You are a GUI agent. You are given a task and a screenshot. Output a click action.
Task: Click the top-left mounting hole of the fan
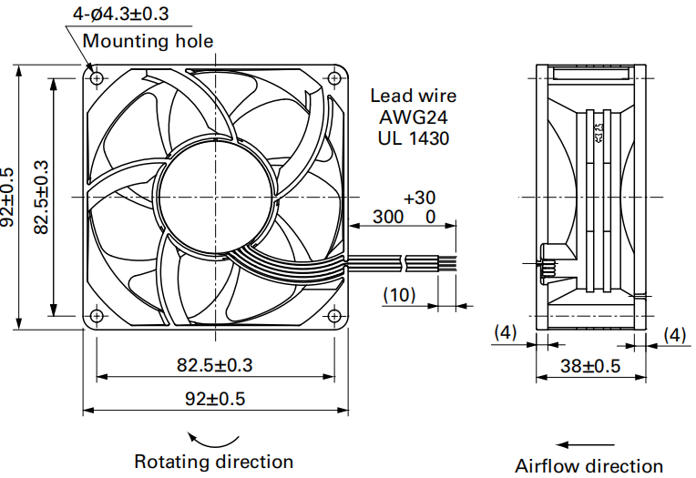pyautogui.click(x=97, y=78)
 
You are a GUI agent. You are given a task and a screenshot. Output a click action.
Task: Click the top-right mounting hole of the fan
pyautogui.click(x=334, y=78)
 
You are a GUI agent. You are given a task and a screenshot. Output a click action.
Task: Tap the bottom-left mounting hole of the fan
pyautogui.click(x=97, y=316)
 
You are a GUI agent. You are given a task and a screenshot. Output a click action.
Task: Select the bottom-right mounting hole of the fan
pyautogui.click(x=334, y=316)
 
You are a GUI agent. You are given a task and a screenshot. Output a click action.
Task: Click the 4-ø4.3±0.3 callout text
pyautogui.click(x=121, y=14)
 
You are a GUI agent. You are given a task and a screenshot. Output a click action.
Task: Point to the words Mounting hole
pyautogui.click(x=148, y=41)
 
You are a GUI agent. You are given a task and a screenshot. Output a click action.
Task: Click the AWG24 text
pyautogui.click(x=413, y=117)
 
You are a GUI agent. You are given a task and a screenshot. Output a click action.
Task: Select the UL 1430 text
pyautogui.click(x=413, y=138)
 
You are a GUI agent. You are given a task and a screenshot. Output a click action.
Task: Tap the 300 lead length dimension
pyautogui.click(x=388, y=217)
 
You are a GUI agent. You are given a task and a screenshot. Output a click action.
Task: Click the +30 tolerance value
pyautogui.click(x=419, y=198)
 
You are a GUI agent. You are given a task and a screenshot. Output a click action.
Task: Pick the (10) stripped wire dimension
pyautogui.click(x=399, y=295)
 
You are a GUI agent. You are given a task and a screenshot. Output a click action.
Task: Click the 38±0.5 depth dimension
pyautogui.click(x=590, y=366)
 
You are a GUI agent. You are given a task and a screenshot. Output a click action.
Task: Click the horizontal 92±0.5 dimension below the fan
pyautogui.click(x=215, y=399)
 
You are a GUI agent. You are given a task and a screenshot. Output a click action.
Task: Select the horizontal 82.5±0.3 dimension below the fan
pyautogui.click(x=215, y=365)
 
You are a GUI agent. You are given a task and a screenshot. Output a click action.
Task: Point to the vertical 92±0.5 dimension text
pyautogui.click(x=7, y=197)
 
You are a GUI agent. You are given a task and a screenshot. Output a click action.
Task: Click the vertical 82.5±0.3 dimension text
pyautogui.click(x=41, y=197)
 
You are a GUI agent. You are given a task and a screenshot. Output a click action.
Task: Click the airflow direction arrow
pyautogui.click(x=585, y=444)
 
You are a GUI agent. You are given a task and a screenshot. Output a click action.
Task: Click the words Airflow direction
pyautogui.click(x=589, y=466)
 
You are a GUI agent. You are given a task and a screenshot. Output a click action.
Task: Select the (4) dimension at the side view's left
pyautogui.click(x=506, y=332)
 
